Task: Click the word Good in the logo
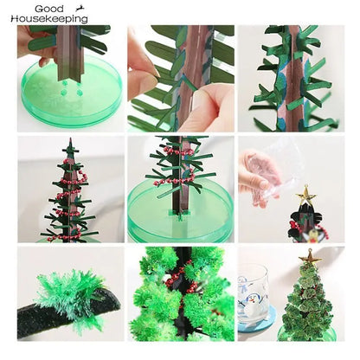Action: (x=27, y=8)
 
